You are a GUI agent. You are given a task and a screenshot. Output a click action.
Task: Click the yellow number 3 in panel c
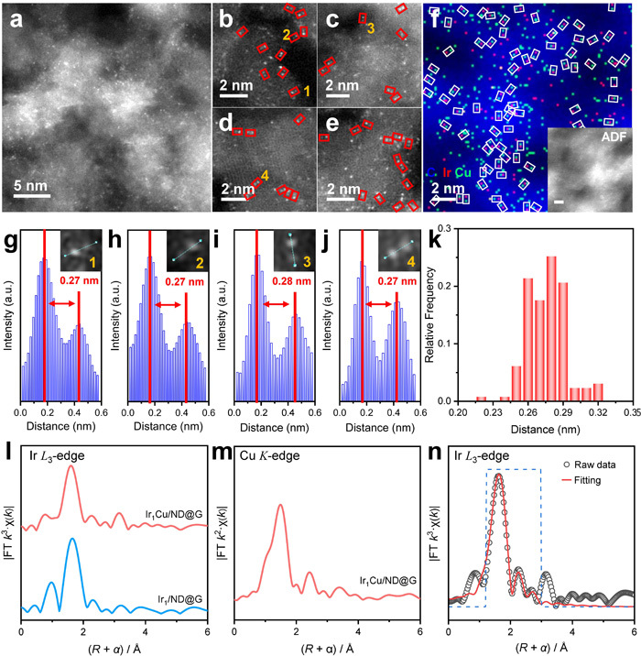coord(371,29)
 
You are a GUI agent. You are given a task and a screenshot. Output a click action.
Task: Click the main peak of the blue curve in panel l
coord(97,540)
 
